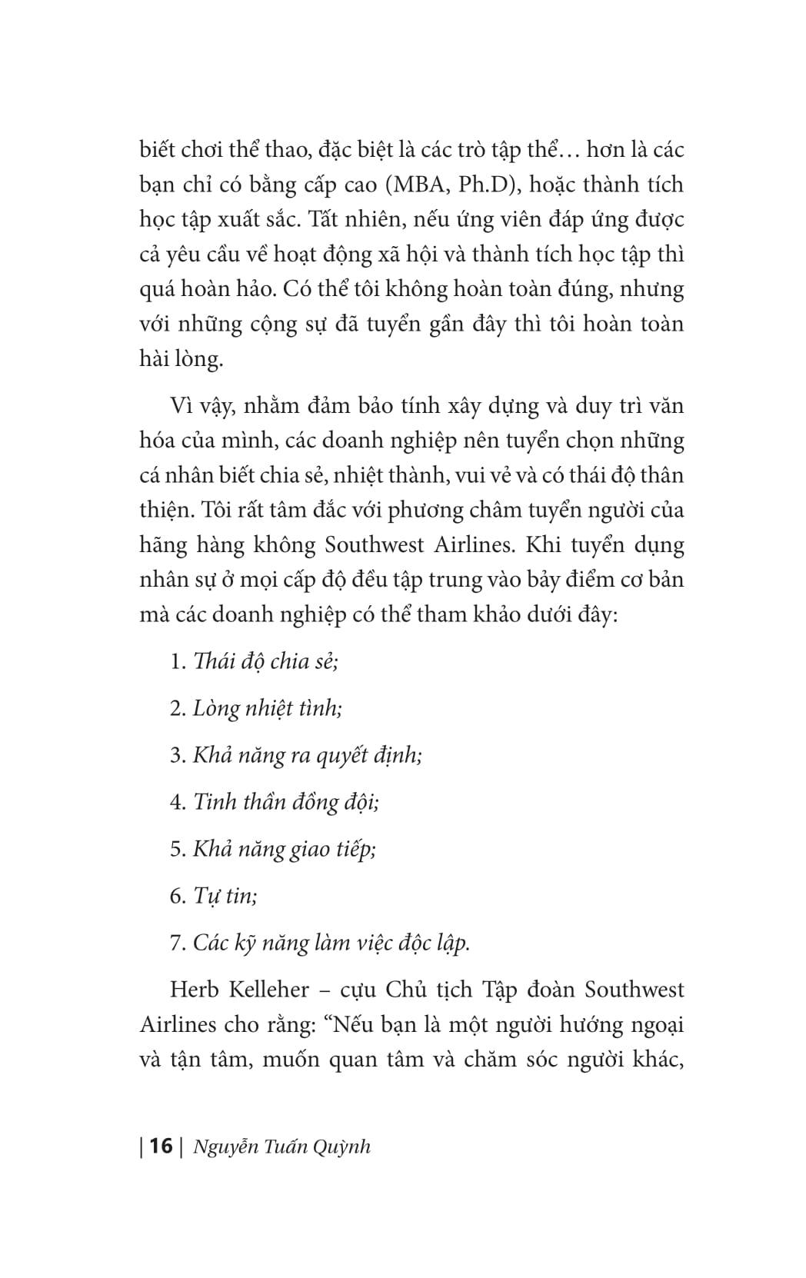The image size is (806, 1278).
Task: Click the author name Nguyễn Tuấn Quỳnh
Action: click(282, 1147)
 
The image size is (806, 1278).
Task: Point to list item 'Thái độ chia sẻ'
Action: click(265, 661)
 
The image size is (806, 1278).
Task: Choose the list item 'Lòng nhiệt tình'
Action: click(267, 707)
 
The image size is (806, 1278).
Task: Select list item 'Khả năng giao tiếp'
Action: click(284, 849)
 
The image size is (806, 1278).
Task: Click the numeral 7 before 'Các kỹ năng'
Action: click(175, 943)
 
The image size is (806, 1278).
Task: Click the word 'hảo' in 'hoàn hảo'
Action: click(251, 289)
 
